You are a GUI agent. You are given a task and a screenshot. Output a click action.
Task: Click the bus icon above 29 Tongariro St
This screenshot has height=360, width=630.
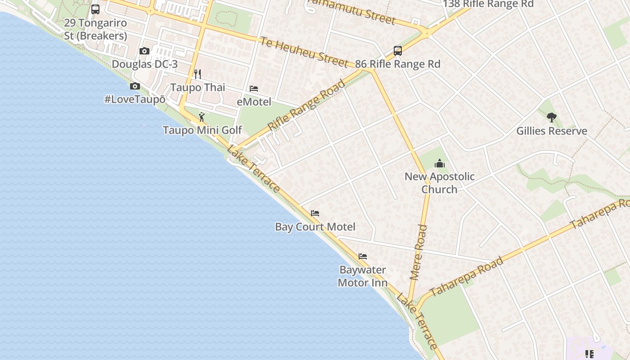point(95,9)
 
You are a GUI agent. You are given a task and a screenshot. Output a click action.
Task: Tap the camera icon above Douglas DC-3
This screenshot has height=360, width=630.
point(144,51)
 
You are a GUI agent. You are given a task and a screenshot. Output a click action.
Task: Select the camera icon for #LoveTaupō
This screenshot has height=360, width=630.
point(135,86)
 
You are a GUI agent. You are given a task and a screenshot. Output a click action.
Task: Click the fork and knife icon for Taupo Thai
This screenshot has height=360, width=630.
point(197,74)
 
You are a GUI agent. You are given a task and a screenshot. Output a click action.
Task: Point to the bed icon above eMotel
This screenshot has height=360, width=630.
point(254,89)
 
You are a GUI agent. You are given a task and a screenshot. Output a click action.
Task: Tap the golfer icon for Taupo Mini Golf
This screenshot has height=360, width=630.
point(202,117)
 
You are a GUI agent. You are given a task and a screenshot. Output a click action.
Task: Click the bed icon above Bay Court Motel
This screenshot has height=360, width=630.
point(315,213)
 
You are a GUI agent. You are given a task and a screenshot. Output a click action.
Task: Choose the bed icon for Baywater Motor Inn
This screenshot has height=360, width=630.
point(363,256)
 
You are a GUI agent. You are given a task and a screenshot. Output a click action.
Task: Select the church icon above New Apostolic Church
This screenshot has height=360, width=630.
point(440,163)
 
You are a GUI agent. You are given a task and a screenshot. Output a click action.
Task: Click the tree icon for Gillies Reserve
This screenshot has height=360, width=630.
point(552,117)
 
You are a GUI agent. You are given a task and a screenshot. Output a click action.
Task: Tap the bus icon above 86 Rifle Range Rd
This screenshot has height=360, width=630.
point(398,50)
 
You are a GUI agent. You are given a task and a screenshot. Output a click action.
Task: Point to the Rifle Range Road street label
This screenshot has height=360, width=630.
point(306,105)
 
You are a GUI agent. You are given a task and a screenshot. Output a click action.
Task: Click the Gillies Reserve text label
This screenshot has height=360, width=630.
point(552,131)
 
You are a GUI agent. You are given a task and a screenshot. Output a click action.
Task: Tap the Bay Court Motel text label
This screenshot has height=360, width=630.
point(315,227)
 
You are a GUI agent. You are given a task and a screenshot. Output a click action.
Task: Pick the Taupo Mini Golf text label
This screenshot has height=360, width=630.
point(202,130)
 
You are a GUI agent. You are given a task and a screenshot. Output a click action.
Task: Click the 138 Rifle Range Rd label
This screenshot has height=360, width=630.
point(488,4)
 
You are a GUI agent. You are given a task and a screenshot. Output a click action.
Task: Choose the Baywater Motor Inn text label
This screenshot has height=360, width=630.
point(363,276)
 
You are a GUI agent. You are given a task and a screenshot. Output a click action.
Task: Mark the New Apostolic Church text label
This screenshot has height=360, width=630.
point(440,183)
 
